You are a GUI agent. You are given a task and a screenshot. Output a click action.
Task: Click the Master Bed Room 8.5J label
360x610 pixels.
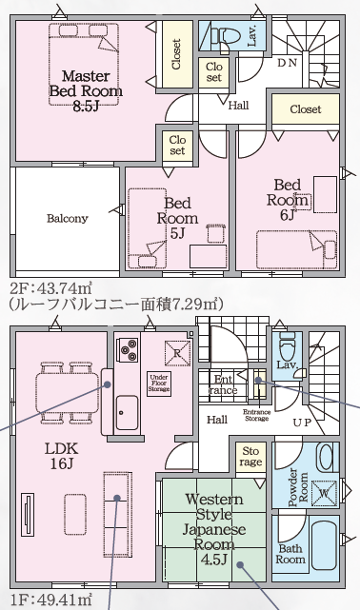[85, 91]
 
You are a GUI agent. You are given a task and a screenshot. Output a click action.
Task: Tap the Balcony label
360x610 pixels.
[68, 218]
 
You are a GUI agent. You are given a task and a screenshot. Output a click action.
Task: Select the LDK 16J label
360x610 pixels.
[62, 456]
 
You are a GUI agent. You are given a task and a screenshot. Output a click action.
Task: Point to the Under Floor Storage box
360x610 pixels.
[159, 384]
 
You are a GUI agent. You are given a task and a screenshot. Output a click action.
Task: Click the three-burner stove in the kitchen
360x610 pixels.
[129, 349]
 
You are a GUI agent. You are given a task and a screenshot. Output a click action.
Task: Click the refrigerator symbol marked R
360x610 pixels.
[177, 353]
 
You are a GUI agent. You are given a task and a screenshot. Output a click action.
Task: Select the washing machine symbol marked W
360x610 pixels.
[324, 493]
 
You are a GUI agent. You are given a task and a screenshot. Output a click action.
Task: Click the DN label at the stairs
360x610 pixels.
[288, 63]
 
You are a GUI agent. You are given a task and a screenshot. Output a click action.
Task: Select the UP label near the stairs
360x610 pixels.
[302, 423]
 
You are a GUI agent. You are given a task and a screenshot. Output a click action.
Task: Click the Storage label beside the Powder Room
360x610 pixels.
[250, 457]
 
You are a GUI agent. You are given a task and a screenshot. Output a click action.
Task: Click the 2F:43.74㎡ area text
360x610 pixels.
[50, 289]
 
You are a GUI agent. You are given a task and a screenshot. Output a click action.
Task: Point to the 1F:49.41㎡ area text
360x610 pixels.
[50, 600]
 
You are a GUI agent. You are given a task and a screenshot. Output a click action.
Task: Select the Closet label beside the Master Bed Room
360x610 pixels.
[176, 54]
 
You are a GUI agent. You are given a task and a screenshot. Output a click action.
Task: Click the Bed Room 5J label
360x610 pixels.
[177, 218]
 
